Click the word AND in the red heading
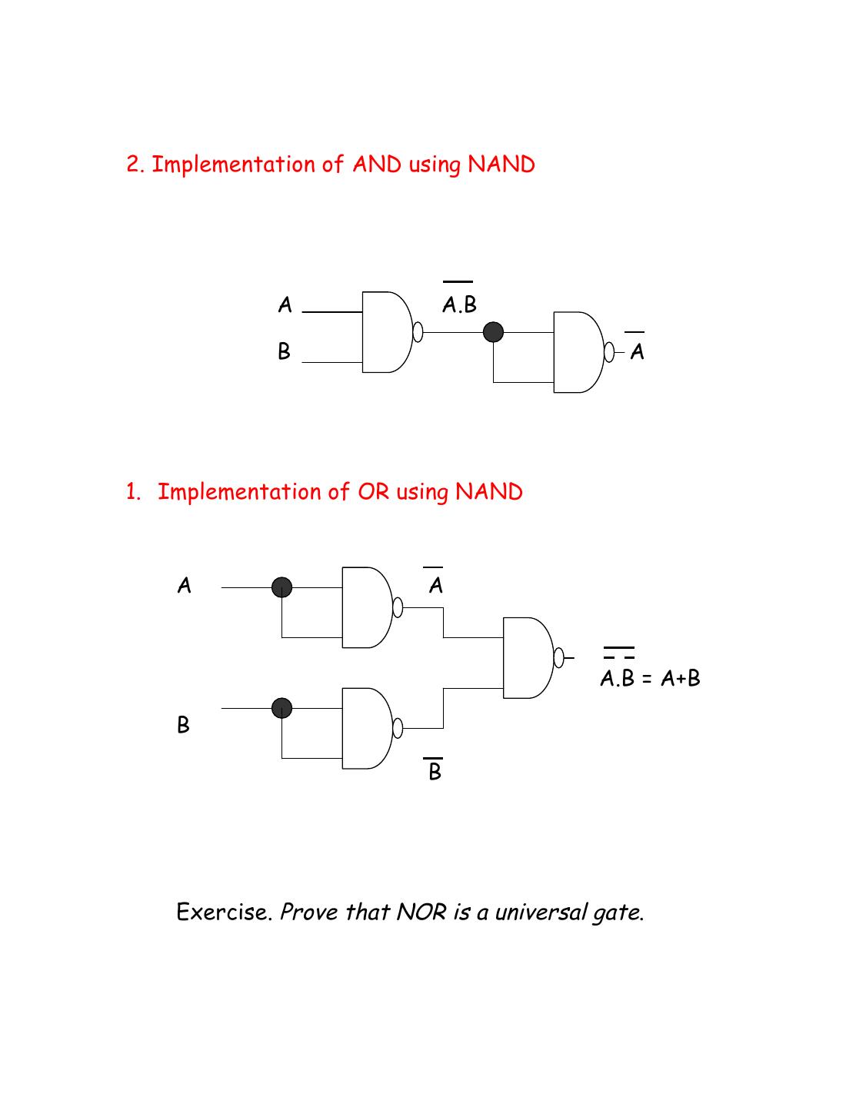click(x=377, y=165)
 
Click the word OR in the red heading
click(x=374, y=492)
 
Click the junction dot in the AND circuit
click(x=493, y=332)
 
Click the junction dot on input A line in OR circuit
click(x=282, y=587)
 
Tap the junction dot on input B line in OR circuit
click(x=282, y=707)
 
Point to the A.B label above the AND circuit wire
click(x=460, y=305)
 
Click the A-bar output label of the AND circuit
click(x=637, y=351)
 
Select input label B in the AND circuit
click(x=285, y=352)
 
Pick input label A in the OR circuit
click(x=185, y=587)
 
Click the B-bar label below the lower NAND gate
click(x=435, y=771)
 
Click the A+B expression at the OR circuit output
click(x=681, y=679)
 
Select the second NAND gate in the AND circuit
click(x=578, y=352)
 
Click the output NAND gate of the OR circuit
click(x=527, y=658)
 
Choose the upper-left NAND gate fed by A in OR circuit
click(x=365, y=607)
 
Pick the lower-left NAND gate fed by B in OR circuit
click(x=365, y=728)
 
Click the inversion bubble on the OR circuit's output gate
click(x=559, y=658)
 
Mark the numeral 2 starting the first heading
click(x=134, y=165)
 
